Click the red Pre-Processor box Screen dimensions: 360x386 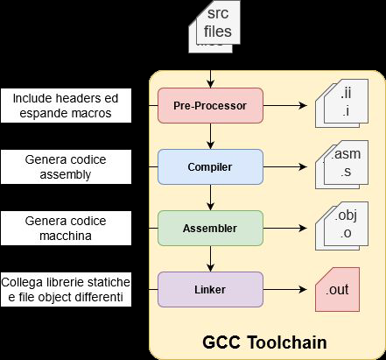pos(210,105)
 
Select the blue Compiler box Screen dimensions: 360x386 pos(210,166)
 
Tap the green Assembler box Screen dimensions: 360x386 pos(210,228)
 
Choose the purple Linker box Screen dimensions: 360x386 pos(210,289)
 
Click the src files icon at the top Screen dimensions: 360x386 pos(213,26)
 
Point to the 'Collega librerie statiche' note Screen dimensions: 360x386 pos(66,289)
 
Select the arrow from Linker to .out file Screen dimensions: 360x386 pos(289,289)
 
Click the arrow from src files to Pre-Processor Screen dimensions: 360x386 pos(210,70)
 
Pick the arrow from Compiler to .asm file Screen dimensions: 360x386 pos(289,166)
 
